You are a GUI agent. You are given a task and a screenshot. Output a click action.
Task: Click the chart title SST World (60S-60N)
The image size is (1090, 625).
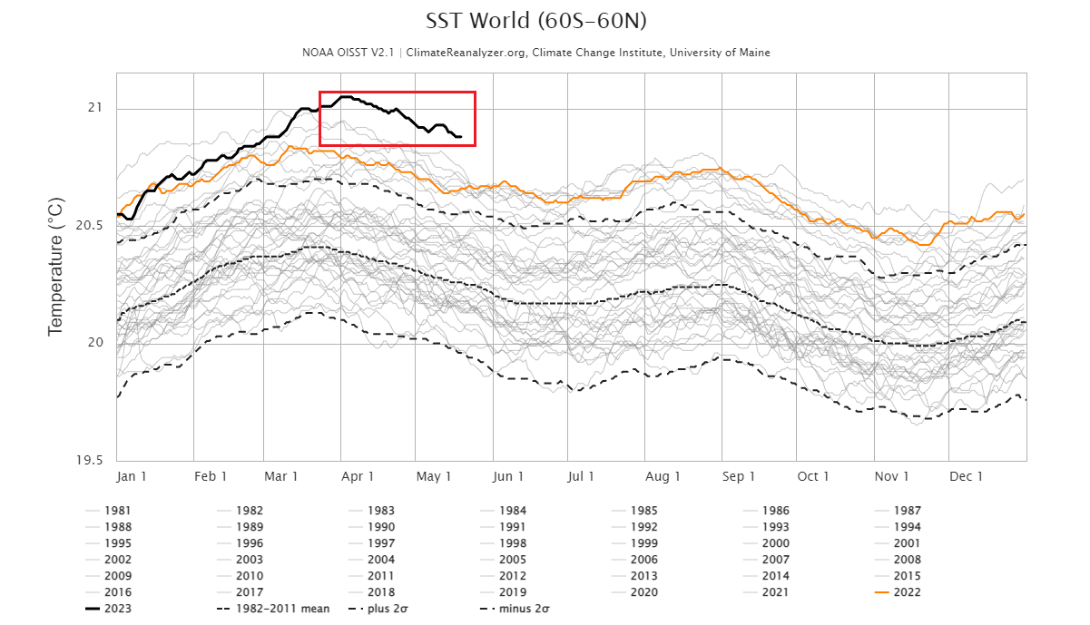click(x=535, y=21)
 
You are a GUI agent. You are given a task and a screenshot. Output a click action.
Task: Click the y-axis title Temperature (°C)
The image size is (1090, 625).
click(x=56, y=270)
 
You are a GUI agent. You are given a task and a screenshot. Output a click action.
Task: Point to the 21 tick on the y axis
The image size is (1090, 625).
click(x=95, y=109)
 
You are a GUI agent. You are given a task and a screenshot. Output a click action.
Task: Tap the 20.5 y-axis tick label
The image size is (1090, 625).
click(x=89, y=226)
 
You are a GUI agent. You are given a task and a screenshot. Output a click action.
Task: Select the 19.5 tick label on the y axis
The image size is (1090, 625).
click(x=89, y=460)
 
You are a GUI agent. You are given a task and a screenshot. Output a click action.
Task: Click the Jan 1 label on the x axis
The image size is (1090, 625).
click(x=132, y=476)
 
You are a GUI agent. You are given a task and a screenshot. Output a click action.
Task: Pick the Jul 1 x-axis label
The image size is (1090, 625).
click(x=580, y=476)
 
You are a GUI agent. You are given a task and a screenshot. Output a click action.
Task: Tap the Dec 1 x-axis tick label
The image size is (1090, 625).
click(x=967, y=476)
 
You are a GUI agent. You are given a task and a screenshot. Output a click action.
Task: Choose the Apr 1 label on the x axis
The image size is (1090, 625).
click(x=358, y=476)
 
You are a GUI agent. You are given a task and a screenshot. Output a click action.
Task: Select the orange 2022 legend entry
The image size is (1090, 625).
click(x=907, y=591)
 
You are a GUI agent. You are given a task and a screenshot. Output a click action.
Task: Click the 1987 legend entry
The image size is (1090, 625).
click(x=907, y=511)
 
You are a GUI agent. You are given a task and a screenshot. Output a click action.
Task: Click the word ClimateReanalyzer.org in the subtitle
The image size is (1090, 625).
click(x=466, y=53)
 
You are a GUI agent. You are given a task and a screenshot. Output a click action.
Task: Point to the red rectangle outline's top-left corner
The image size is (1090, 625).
click(x=319, y=92)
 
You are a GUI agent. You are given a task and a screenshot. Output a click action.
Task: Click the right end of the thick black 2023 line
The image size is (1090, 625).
click(x=461, y=137)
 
